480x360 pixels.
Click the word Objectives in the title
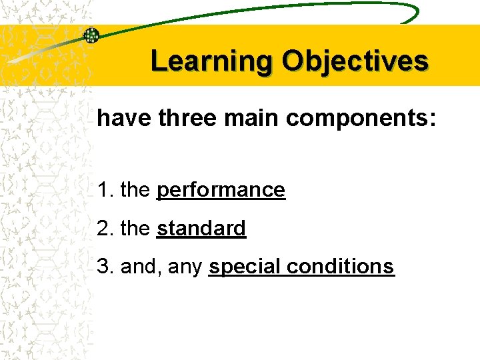tap(355, 61)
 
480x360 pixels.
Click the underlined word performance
tap(221, 191)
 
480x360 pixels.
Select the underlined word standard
tap(201, 229)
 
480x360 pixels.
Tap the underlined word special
tap(245, 267)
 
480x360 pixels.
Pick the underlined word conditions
tap(341, 267)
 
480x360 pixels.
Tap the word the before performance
tap(135, 190)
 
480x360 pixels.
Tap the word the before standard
tap(135, 229)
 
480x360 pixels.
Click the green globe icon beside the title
tap(91, 36)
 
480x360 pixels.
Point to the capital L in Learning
tap(158, 61)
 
